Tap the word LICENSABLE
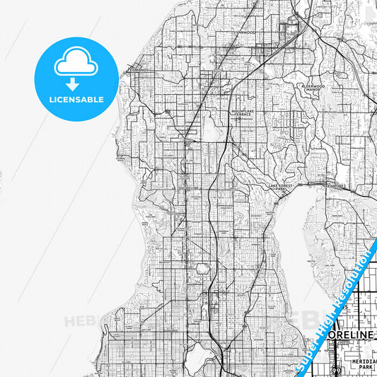click(76, 99)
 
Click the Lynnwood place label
click(246, 33)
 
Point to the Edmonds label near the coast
click(137, 71)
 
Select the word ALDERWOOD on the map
click(311, 85)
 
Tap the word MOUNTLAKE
click(242, 111)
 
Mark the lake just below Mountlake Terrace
click(210, 127)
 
